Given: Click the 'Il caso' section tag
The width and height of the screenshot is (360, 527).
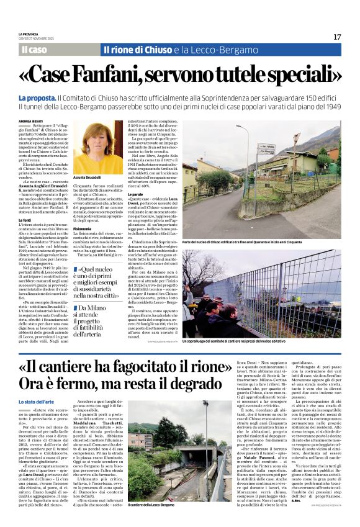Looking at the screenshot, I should (x=34, y=50).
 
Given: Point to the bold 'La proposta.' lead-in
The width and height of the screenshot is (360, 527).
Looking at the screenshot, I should (x=37, y=99).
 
